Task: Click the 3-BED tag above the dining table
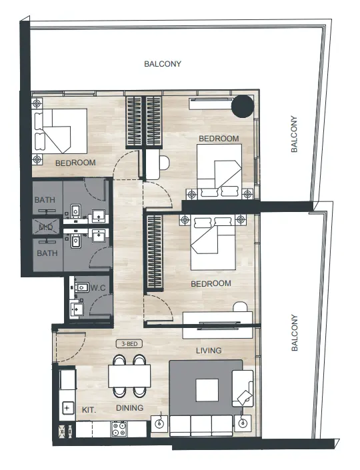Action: pos(129,345)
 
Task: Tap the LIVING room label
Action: pos(208,351)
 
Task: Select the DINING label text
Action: pos(129,409)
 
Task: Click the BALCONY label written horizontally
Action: pos(163,64)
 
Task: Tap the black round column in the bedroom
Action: pos(242,106)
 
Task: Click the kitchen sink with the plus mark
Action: pos(67,407)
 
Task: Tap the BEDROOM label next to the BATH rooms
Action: pos(75,162)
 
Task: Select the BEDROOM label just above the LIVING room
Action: pos(211,283)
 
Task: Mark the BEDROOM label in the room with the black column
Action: pos(219,139)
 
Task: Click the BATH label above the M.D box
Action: pos(46,200)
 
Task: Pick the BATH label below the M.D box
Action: pos(46,253)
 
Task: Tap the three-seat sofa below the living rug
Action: pos(201,424)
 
